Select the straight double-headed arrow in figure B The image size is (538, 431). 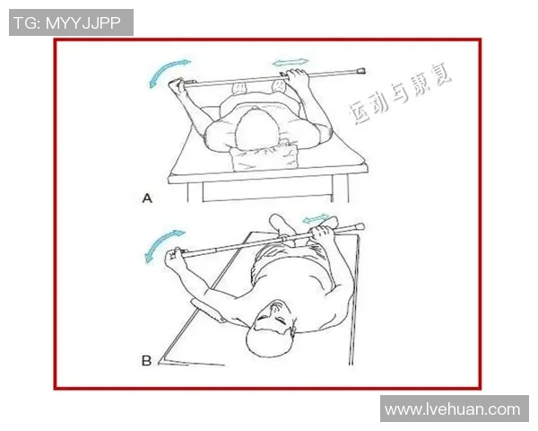tap(313, 220)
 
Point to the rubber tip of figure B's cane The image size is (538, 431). tap(359, 226)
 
